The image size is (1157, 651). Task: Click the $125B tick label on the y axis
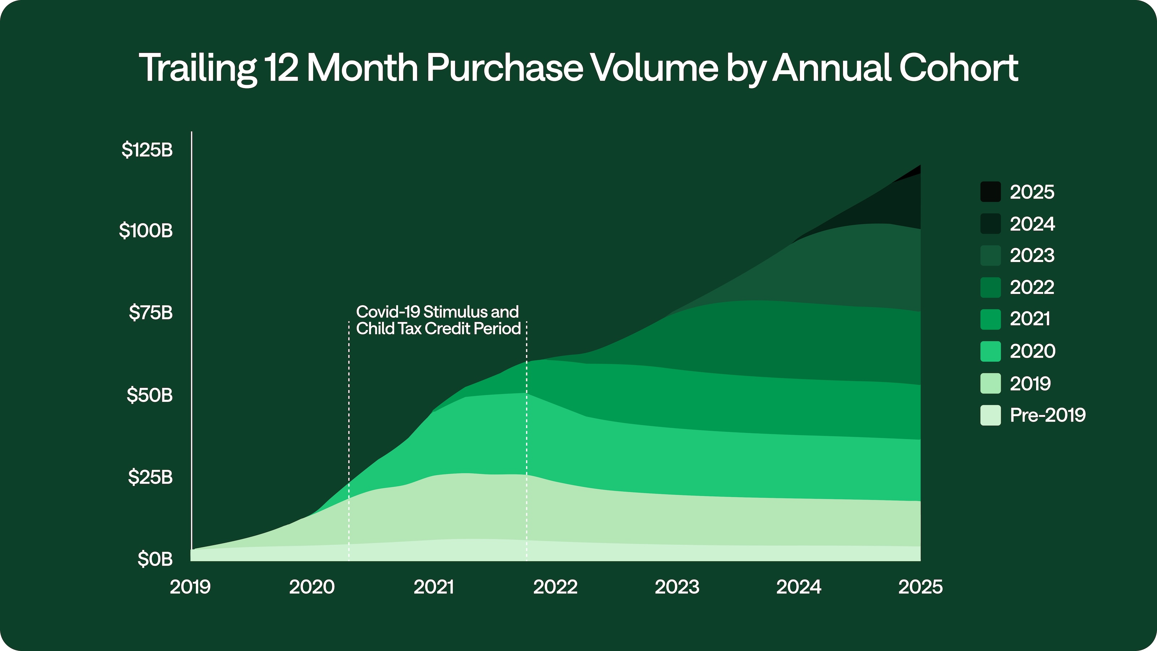[147, 150]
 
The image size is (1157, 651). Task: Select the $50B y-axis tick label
[150, 395]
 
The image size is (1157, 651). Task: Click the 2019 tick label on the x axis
[190, 587]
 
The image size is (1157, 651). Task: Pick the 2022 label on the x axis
[555, 587]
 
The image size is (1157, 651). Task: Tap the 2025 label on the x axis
[920, 587]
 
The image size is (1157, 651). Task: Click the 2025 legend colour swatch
[990, 192]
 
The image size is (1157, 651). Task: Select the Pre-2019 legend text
[1047, 415]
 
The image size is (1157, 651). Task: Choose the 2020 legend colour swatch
[990, 351]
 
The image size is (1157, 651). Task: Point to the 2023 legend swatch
[990, 256]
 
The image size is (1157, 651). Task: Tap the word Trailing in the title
[198, 68]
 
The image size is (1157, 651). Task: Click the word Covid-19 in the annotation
[388, 312]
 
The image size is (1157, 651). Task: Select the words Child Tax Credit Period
[438, 328]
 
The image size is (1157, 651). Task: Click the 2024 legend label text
[1032, 224]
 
